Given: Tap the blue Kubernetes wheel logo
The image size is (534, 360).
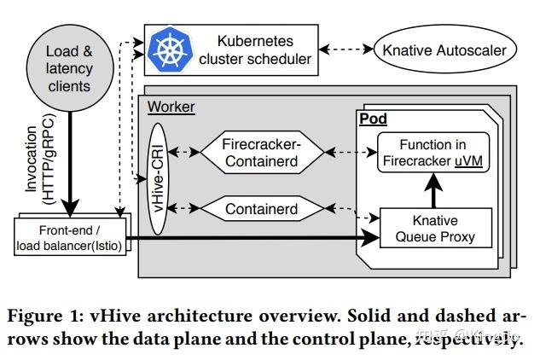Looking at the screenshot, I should [x=171, y=50].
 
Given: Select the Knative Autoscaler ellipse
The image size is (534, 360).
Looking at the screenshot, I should [x=444, y=50].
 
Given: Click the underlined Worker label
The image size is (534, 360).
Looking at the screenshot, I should [x=171, y=107].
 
